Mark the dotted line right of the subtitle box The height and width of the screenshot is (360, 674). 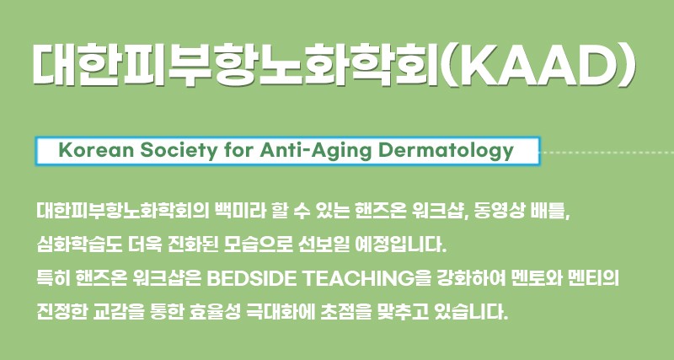(x=607, y=153)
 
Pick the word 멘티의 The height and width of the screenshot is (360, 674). (x=593, y=279)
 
